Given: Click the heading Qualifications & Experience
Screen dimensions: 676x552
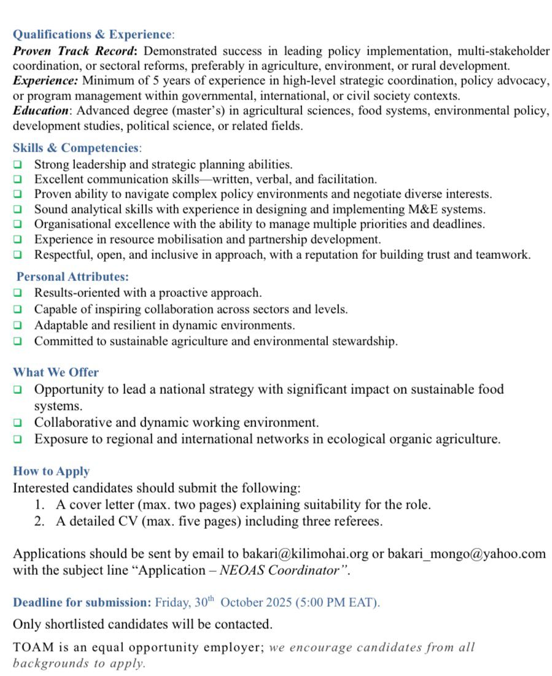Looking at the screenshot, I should point(92,34).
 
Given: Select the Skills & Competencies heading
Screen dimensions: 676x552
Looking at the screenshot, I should point(76,148).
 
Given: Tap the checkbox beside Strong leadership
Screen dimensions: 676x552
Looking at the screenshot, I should point(18,164).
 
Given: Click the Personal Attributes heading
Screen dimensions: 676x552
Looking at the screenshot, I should point(72,277).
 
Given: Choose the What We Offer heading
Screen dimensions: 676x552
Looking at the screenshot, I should point(56,372).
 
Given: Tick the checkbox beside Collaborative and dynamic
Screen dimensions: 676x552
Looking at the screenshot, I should point(18,423).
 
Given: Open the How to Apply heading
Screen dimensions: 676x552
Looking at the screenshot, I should point(52,471).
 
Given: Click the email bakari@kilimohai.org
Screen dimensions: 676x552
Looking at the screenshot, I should point(305,554).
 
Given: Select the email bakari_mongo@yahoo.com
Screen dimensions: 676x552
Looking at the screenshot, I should point(466,554).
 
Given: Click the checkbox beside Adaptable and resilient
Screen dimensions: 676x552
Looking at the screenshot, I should point(18,325).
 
